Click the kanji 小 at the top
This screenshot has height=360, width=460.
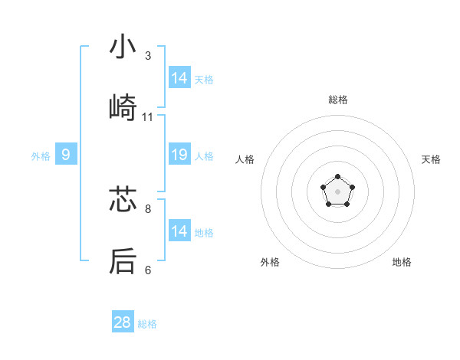pyautogui.click(x=123, y=48)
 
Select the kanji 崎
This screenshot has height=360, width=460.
pyautogui.click(x=123, y=108)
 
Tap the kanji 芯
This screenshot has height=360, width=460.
pyautogui.click(x=123, y=200)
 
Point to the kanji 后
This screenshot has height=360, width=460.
pyautogui.click(x=123, y=261)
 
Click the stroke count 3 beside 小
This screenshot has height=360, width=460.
pyautogui.click(x=148, y=56)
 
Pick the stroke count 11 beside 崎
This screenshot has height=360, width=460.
pyautogui.click(x=148, y=117)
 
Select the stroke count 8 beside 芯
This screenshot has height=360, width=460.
pyautogui.click(x=148, y=208)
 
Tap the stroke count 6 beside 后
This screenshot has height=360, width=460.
pyautogui.click(x=148, y=270)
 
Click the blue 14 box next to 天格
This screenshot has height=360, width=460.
pyautogui.click(x=179, y=78)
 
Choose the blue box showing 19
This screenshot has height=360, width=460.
pyautogui.click(x=179, y=155)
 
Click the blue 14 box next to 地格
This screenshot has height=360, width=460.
pyautogui.click(x=179, y=231)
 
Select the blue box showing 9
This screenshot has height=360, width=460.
pyautogui.click(x=66, y=155)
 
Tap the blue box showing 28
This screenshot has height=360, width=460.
pyautogui.click(x=123, y=322)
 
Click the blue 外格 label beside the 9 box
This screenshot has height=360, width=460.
pyautogui.click(x=41, y=156)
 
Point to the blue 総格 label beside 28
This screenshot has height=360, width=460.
pyautogui.click(x=147, y=324)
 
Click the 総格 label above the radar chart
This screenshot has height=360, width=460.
pyautogui.click(x=338, y=100)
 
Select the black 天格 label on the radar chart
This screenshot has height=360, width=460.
pyautogui.click(x=431, y=159)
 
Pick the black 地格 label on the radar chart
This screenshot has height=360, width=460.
pyautogui.click(x=402, y=262)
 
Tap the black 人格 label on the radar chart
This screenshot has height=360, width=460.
pyautogui.click(x=245, y=159)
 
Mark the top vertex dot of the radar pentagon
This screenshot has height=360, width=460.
pyautogui.click(x=337, y=178)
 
